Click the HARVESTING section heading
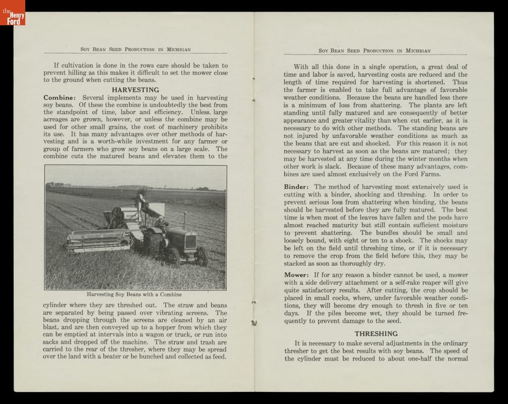(x=135, y=89)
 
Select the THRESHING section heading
(x=376, y=334)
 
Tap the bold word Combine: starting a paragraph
(x=60, y=97)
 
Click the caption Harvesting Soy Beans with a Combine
(x=134, y=294)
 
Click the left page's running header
(x=135, y=49)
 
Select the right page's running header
(x=374, y=50)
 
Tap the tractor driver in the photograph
(x=161, y=222)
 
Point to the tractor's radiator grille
(x=190, y=242)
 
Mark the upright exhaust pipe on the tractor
(x=184, y=220)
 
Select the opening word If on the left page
(x=57, y=65)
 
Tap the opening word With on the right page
(x=301, y=67)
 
